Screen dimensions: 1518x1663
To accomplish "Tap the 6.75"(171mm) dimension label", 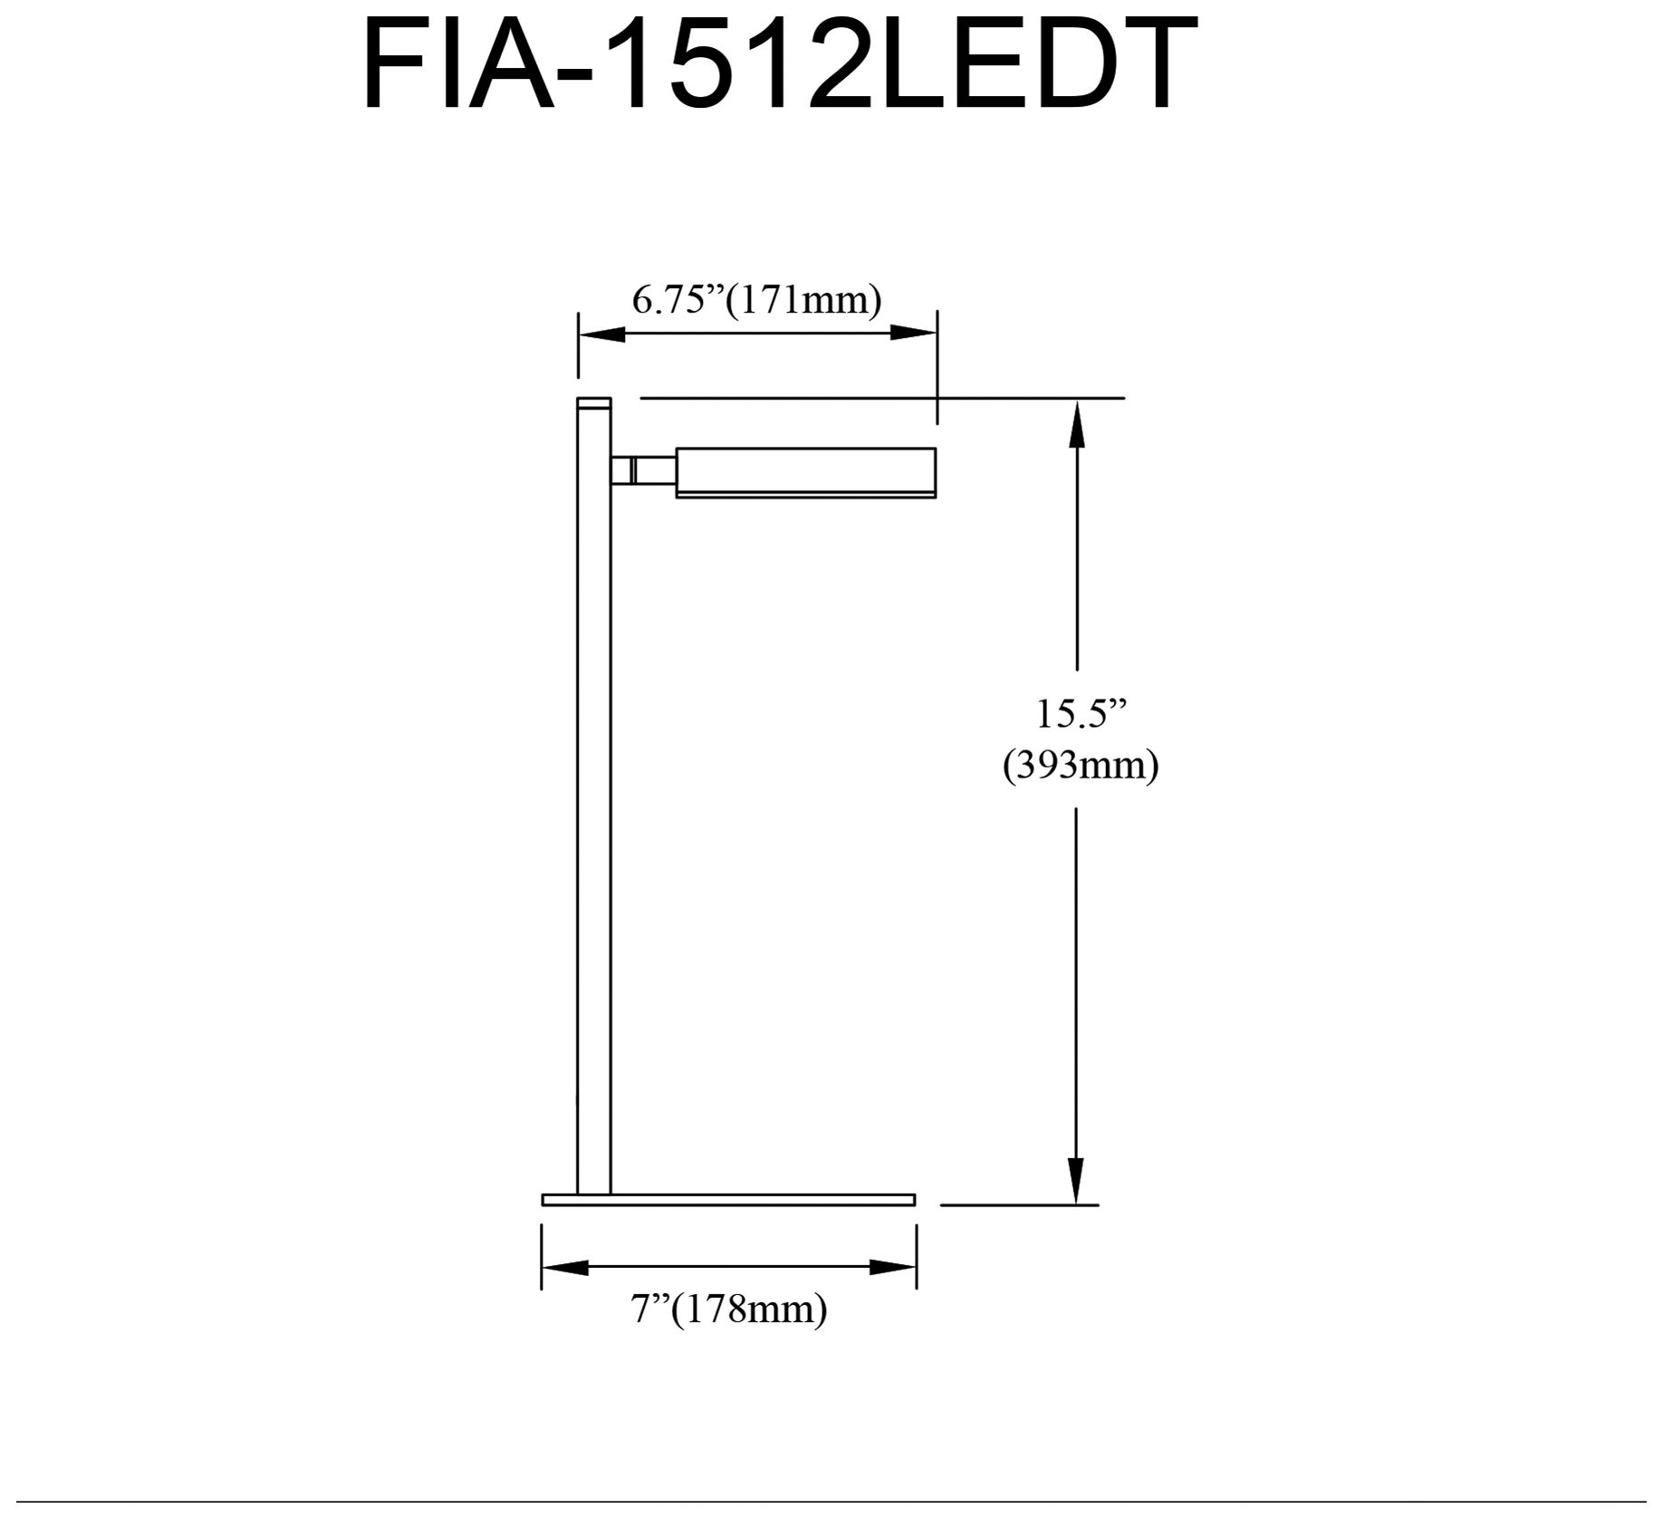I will tap(756, 300).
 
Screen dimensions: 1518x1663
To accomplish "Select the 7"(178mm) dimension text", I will tap(729, 1310).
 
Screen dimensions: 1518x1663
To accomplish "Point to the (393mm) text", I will tap(1080, 767).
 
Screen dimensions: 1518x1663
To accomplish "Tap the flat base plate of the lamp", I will tap(728, 1200).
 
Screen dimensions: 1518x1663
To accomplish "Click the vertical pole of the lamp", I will tap(594, 816).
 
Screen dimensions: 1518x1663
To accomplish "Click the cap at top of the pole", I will tap(594, 403).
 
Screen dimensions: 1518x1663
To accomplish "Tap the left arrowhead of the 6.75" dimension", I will tap(601, 334).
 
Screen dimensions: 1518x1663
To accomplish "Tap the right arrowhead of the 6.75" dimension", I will tap(913, 334).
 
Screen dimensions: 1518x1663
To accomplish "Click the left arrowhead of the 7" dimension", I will tap(564, 1267).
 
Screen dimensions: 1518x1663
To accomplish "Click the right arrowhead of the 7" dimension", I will tap(893, 1267).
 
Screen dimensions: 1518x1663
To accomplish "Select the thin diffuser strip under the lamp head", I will tap(805, 495).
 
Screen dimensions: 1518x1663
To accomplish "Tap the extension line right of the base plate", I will tap(1019, 1204).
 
